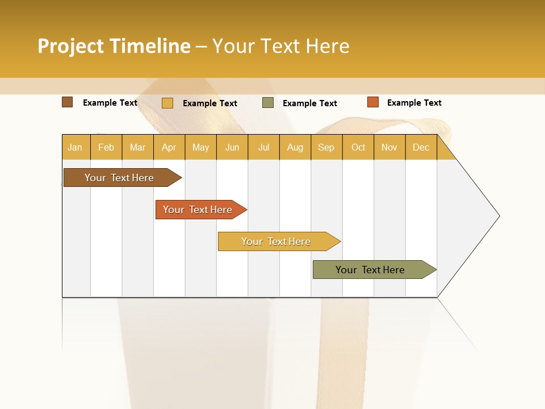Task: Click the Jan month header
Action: point(76,147)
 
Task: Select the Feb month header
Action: point(106,147)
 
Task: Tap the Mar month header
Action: point(137,147)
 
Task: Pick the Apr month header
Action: point(169,147)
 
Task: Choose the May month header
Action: point(200,147)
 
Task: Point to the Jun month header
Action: point(232,147)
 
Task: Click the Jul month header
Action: point(264,147)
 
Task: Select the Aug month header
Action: point(295,147)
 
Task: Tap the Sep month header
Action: point(326,147)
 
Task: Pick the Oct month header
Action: point(358,147)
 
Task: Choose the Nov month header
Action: point(389,147)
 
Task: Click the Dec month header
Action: point(421,147)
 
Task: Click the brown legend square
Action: point(68,102)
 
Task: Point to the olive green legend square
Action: point(268,103)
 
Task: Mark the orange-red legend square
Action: point(373,102)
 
